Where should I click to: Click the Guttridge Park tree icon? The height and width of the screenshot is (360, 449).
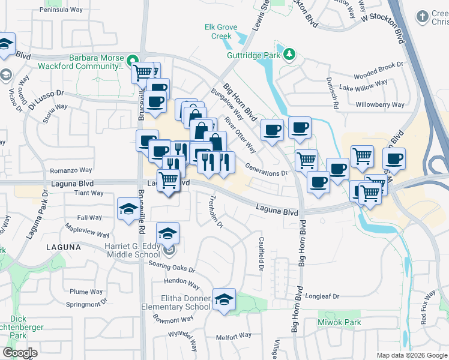(289, 55)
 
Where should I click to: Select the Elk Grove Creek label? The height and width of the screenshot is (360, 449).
(221, 31)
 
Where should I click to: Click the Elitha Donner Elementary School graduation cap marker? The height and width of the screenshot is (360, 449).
(224, 300)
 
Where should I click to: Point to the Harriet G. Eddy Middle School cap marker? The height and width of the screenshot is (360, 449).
(167, 234)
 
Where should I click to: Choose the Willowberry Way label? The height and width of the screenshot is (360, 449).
(381, 104)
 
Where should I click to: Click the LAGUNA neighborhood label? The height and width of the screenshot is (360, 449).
(62, 247)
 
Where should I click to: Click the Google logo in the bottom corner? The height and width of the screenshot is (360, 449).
(20, 353)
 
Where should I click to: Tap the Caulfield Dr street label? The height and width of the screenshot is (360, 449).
(262, 251)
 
